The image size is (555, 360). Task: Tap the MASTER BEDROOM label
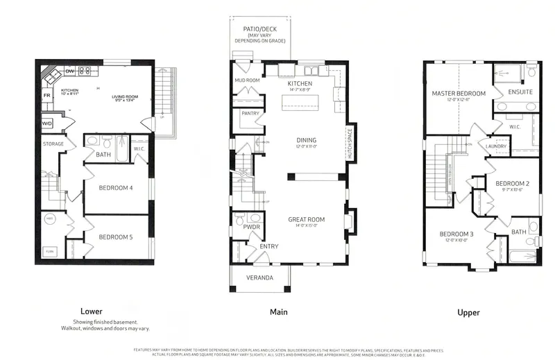pyautogui.click(x=459, y=93)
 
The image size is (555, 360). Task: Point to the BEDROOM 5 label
pyautogui.click(x=116, y=237)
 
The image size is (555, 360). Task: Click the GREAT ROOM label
pyautogui.click(x=306, y=220)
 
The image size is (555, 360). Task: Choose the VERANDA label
pyautogui.click(x=260, y=278)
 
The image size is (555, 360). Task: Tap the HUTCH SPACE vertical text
pyautogui.click(x=350, y=144)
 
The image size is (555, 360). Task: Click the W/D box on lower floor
pyautogui.click(x=47, y=123)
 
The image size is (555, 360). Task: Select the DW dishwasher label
pyautogui.click(x=69, y=71)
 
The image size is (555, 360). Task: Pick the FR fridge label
pyautogui.click(x=47, y=95)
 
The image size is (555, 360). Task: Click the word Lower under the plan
pyautogui.click(x=92, y=311)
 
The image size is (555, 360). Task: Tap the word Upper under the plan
pyautogui.click(x=468, y=313)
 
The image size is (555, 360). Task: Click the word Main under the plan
pyautogui.click(x=278, y=312)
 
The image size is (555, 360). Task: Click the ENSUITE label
pyautogui.click(x=520, y=92)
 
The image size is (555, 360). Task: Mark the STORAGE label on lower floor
pyautogui.click(x=53, y=144)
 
